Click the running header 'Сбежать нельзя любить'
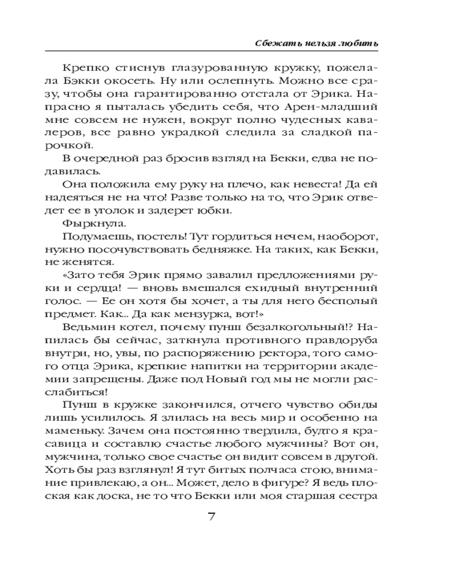click(x=315, y=43)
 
